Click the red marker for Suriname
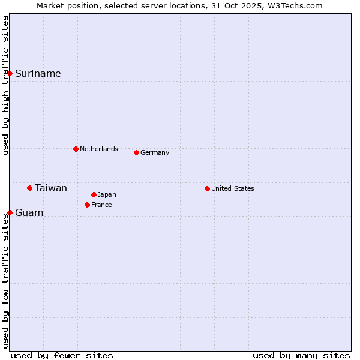coord(10,73)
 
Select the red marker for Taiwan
coord(29,188)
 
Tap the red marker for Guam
coord(10,212)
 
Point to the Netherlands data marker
coord(76,149)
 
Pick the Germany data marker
coord(136,152)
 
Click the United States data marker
coord(207,188)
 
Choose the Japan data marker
coord(94,194)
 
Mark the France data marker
coord(87,205)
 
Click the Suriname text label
coord(38,74)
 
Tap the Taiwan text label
coord(51,188)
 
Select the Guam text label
coord(29,213)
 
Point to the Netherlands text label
coord(99,149)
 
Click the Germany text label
coord(155,153)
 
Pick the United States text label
coord(233,189)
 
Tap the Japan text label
coord(107,195)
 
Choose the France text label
coord(102,205)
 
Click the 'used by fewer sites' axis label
coord(62,355)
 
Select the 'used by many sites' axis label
coord(301,355)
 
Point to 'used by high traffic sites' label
coord(6,85)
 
